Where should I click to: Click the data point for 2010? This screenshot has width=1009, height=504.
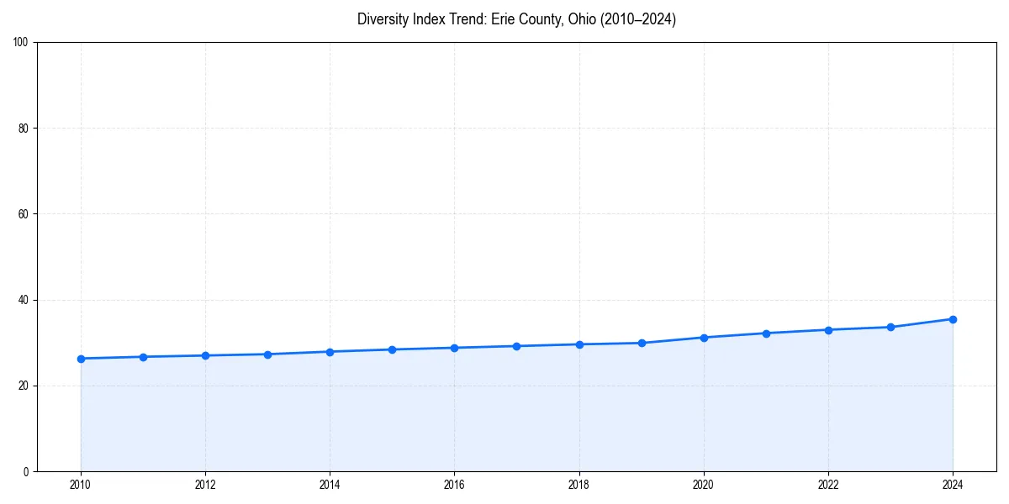coord(81,359)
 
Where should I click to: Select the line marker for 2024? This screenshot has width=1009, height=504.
coord(953,319)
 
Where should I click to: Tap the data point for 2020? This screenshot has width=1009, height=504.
coord(704,338)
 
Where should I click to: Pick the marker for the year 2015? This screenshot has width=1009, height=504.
coord(393,349)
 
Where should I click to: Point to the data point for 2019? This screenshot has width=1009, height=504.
coord(642,343)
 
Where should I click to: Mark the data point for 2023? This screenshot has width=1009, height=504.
coord(890,327)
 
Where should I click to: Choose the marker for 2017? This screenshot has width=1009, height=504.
coord(517,346)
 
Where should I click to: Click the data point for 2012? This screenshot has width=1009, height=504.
coord(205,355)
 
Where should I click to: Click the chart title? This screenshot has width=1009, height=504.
coord(516,19)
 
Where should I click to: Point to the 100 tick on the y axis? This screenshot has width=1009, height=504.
coord(21,43)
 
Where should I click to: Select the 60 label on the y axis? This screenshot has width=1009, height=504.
coord(24,214)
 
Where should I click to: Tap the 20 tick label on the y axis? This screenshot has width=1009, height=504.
coord(24,386)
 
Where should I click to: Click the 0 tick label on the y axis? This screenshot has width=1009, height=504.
coord(26,471)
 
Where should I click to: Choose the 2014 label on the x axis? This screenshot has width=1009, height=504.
coord(330,485)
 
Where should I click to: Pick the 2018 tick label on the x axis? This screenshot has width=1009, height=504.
coord(578,485)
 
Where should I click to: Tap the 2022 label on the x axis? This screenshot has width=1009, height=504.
coord(828,485)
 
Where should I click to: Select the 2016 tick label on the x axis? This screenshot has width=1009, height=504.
coord(454,485)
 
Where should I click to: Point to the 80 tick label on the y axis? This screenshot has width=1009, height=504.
coord(24,129)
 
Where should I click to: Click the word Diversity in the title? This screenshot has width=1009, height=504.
coord(383,19)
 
